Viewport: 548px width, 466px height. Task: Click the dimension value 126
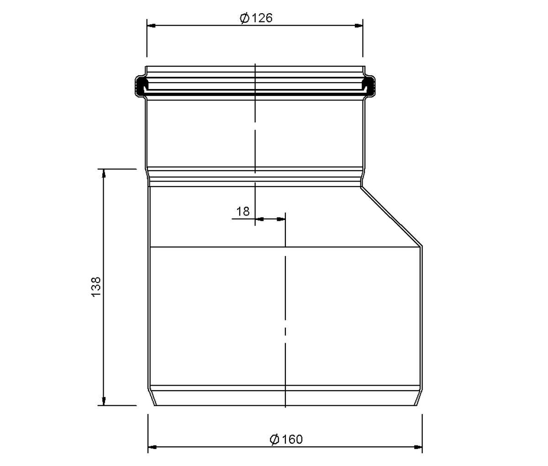coord(262,18)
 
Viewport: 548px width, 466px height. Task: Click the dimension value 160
coord(292,439)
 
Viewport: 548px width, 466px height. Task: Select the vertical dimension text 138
coord(96,287)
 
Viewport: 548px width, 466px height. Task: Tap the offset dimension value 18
coord(243,212)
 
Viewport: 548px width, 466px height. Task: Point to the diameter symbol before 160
coord(274,440)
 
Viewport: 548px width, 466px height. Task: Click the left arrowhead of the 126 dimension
coord(151,26)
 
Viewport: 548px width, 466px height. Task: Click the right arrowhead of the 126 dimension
coord(358,26)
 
